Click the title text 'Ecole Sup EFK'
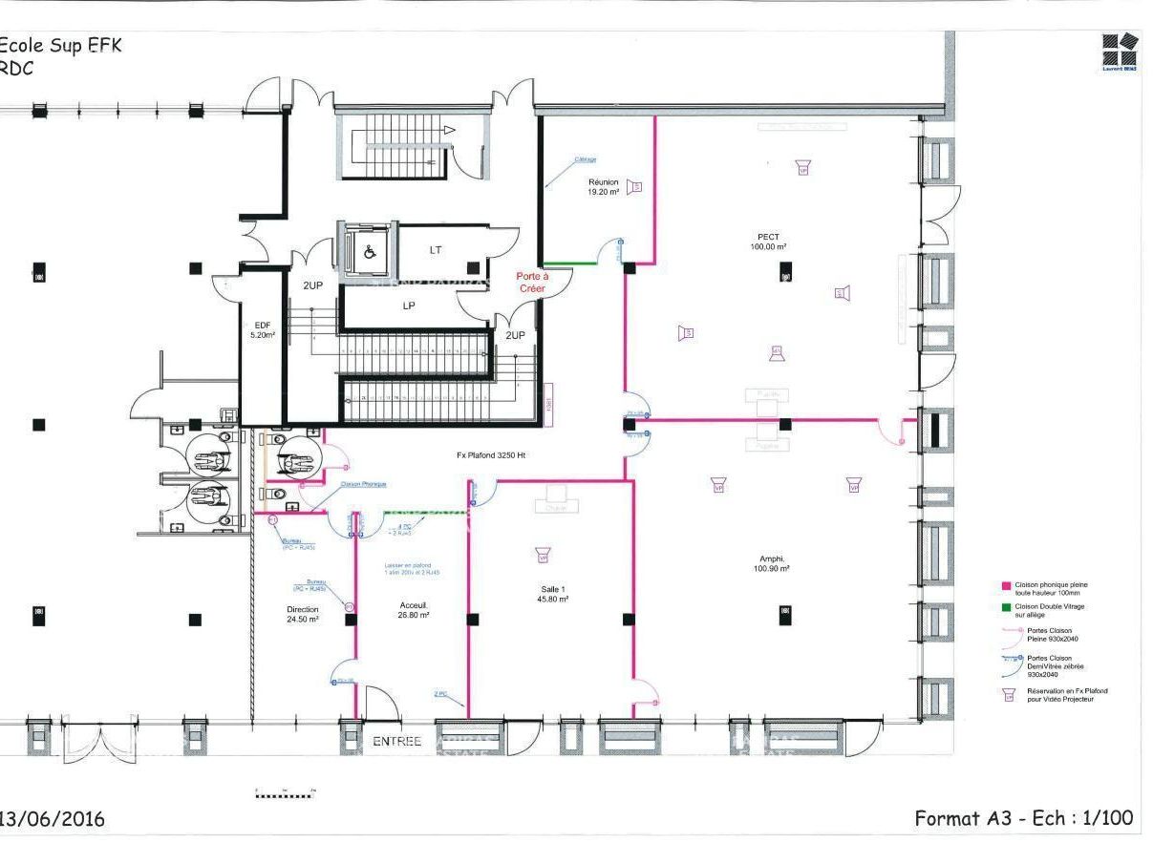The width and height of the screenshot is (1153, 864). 61,46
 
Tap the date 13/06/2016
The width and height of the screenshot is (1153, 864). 53,819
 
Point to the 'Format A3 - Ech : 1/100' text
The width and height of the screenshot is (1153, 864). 1023,817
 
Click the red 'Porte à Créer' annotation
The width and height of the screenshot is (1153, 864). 532,282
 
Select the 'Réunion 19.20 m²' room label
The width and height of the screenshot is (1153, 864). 603,186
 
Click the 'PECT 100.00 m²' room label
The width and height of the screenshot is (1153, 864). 768,242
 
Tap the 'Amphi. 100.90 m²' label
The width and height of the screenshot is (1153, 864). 772,564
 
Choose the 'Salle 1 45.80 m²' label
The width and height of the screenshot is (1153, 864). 553,594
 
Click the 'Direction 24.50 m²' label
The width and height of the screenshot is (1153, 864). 302,614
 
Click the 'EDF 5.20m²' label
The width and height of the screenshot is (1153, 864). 263,330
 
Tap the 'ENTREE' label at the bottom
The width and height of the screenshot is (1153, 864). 396,741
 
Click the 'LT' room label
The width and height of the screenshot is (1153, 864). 436,250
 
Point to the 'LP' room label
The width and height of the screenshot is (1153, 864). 409,306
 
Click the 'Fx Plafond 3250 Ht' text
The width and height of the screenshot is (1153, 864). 491,455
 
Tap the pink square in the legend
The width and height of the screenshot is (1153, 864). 1006,585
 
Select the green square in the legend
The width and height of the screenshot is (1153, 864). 1006,607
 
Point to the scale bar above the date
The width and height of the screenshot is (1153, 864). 285,794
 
